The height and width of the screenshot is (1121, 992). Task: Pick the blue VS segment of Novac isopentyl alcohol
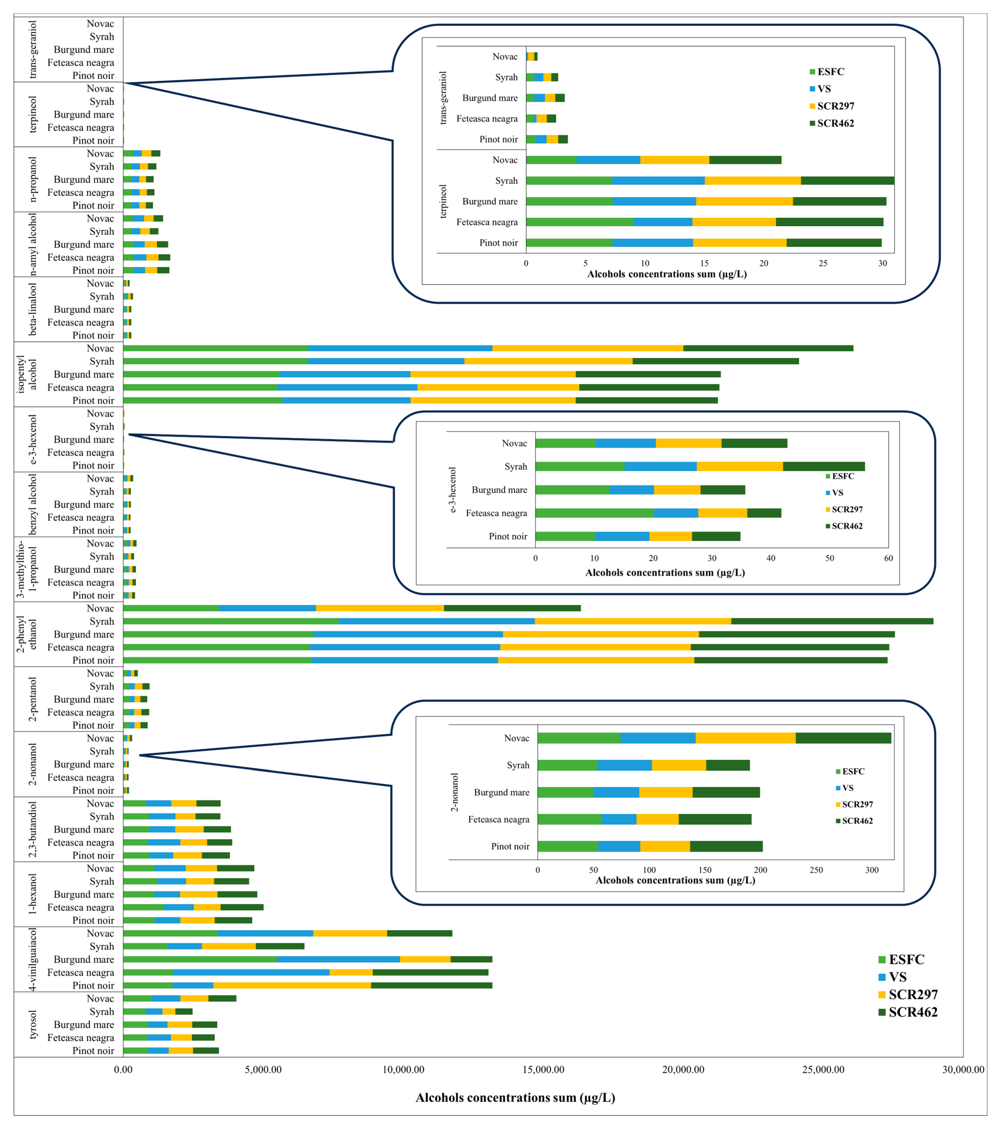(400, 348)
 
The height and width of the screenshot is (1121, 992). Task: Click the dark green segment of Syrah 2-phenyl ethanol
(832, 621)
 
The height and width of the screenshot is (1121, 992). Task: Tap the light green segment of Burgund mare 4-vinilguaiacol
(200, 959)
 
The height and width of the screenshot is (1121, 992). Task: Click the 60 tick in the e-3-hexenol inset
(888, 558)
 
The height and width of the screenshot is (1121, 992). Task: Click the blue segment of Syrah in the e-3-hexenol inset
(661, 467)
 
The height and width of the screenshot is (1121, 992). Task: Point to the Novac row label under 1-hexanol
(100, 868)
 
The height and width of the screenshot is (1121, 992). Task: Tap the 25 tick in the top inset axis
(823, 263)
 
